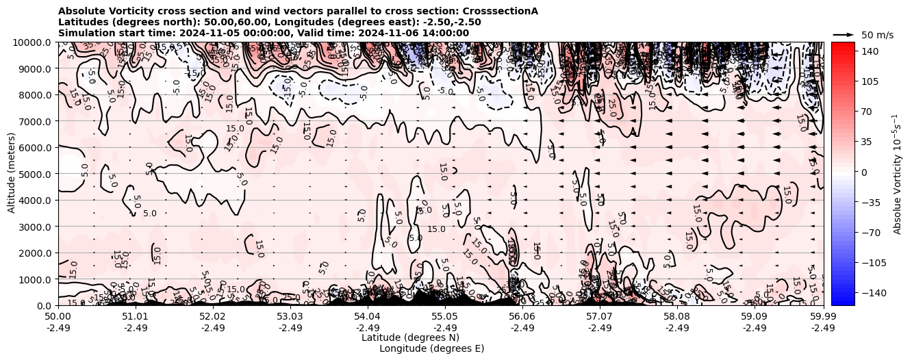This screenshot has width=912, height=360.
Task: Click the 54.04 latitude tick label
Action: pos(368,317)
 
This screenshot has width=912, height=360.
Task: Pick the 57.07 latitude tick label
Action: pos(600,317)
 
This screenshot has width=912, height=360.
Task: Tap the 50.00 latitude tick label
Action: pos(58,317)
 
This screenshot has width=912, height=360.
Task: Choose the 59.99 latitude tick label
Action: pos(823,317)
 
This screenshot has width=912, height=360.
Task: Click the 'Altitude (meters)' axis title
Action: pos(12,174)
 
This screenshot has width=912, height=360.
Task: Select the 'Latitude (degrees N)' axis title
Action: pos(410,337)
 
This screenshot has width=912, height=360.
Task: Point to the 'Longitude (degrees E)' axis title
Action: pos(431,348)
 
